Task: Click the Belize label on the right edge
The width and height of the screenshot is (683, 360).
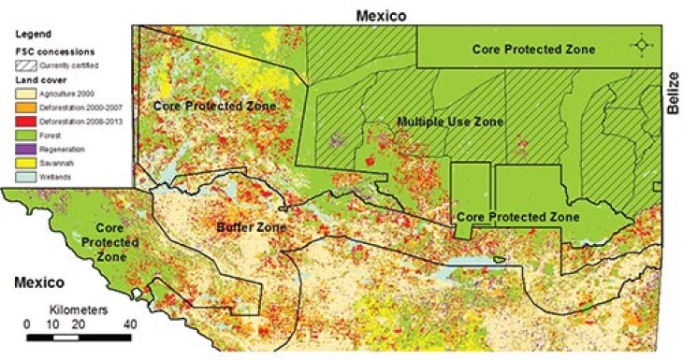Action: click(x=672, y=96)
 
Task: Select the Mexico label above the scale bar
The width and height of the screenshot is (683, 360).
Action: click(x=36, y=281)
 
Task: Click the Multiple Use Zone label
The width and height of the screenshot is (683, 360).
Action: click(x=449, y=122)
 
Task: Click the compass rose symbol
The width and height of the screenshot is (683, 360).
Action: click(x=641, y=45)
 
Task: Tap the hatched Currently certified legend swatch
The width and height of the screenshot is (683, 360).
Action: click(x=22, y=65)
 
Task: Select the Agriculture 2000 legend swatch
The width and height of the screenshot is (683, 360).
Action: click(x=22, y=94)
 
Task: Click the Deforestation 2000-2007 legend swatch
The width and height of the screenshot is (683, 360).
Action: click(x=22, y=108)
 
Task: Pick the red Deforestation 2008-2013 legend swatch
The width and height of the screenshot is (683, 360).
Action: click(x=22, y=122)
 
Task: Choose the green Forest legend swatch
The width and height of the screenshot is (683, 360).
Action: click(x=22, y=136)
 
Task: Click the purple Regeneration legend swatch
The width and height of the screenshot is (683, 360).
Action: click(x=22, y=150)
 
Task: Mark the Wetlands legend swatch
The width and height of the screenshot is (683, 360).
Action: click(x=22, y=177)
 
